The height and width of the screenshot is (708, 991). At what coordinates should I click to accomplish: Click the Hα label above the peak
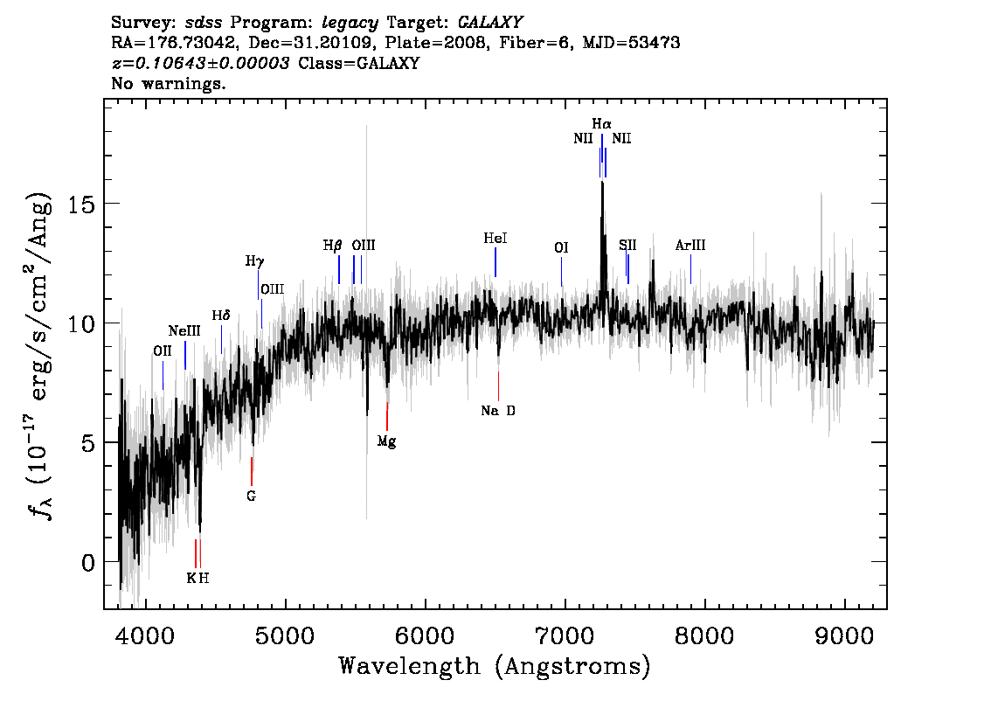[x=601, y=123]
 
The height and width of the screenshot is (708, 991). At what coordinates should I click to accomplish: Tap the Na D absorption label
[x=498, y=411]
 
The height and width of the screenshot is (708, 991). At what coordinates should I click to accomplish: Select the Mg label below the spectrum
[x=387, y=441]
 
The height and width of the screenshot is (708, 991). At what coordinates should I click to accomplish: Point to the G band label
[x=252, y=496]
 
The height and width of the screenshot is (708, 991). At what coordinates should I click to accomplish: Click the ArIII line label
[x=690, y=246]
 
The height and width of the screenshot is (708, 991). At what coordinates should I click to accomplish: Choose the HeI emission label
[x=495, y=239]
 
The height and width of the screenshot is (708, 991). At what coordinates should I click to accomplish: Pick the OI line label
[x=561, y=248]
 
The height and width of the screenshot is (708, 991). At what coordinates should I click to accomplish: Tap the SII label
[x=627, y=246]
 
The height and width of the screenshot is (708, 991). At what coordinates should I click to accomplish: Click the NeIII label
[x=184, y=331]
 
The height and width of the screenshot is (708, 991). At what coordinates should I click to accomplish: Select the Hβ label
[x=332, y=246]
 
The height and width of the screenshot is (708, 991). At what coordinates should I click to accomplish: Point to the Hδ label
[x=221, y=316]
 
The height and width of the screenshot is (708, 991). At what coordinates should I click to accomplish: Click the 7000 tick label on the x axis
[x=565, y=635]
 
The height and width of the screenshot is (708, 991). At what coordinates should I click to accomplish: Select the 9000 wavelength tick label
[x=843, y=635]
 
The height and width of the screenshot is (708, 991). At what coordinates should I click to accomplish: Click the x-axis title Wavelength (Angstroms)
[x=495, y=666]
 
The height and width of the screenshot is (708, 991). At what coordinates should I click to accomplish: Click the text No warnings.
[x=168, y=83]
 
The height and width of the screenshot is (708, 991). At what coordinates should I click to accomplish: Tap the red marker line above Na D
[x=498, y=386]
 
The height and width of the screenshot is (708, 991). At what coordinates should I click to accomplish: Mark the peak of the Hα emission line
[x=602, y=182]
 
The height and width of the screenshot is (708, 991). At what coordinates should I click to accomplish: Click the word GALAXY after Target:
[x=490, y=23]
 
